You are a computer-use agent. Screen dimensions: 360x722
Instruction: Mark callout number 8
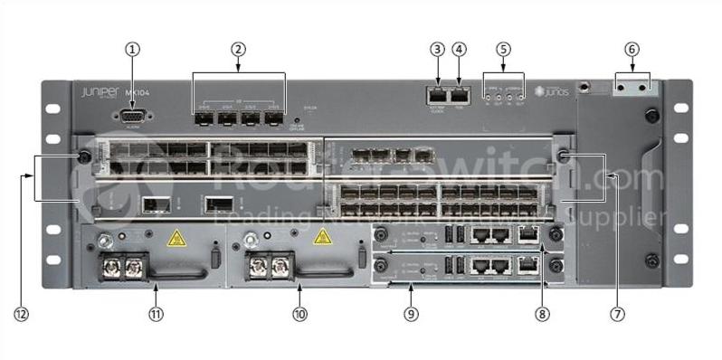coord(542,314)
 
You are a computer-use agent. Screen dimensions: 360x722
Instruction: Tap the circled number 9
coord(412,314)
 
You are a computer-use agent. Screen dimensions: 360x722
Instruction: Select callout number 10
coord(300,314)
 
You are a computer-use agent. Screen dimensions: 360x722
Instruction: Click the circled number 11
coord(155,314)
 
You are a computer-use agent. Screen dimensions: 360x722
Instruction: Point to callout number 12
coord(22,314)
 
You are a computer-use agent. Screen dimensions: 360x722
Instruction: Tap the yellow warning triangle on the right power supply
coord(321,238)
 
